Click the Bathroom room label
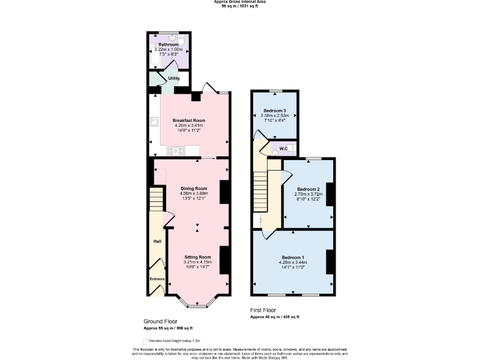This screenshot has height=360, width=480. tap(169, 45)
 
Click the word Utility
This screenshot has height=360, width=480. tap(174, 79)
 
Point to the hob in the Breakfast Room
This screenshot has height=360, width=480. tap(174, 151)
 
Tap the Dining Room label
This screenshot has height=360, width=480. tap(194, 188)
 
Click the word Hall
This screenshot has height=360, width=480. tap(157, 241)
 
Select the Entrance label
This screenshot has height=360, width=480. tap(157, 279)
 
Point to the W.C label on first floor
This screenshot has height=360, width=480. tap(283, 148)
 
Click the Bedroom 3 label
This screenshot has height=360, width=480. tap(274, 110)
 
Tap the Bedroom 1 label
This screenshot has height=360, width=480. tap(293, 257)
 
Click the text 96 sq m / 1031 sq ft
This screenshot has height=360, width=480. tap(239, 6)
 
